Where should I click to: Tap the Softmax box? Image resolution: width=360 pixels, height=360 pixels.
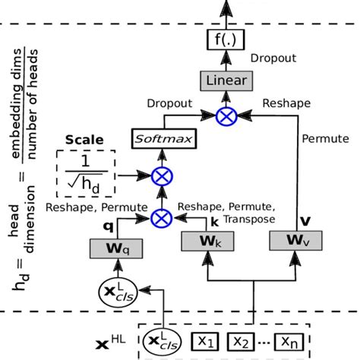162,138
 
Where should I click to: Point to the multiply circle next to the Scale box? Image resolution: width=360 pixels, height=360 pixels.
162,176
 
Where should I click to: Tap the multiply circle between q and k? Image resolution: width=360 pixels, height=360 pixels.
162,218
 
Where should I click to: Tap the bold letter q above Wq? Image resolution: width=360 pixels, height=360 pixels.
109,226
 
